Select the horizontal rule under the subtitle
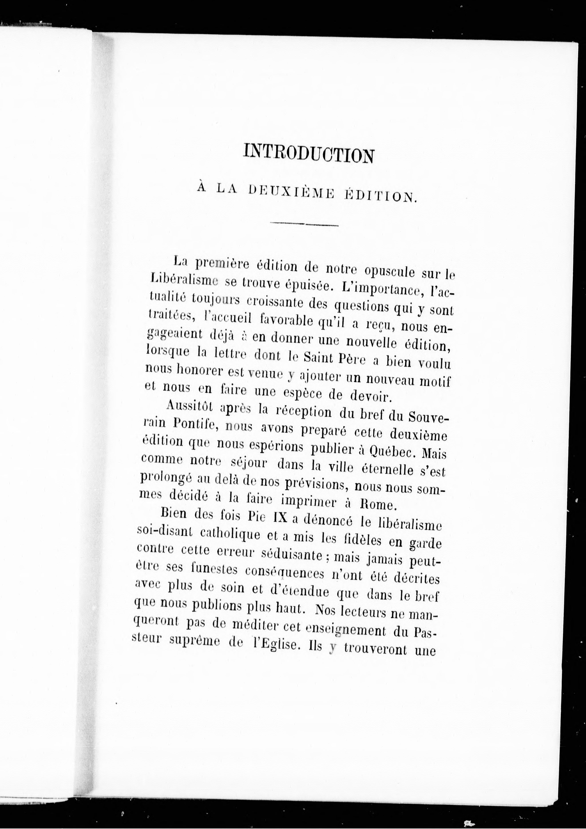[304, 225]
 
